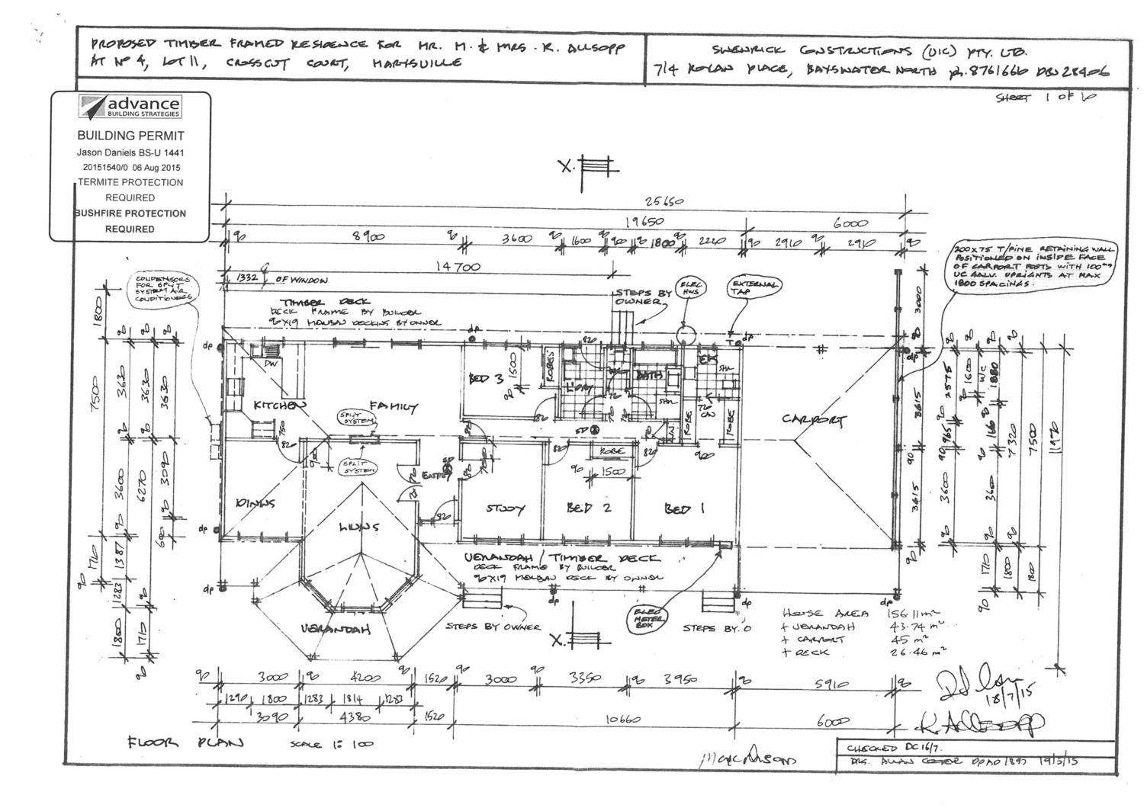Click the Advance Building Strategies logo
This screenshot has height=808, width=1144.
pos(130,107)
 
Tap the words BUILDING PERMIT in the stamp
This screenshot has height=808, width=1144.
pos(130,136)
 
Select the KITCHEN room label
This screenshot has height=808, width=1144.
pos(279,406)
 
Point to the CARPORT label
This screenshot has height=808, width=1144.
pos(813,420)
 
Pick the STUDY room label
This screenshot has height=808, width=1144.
pos(504,508)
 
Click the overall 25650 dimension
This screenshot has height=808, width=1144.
pos(664,202)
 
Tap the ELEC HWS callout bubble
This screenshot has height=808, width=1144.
pos(692,289)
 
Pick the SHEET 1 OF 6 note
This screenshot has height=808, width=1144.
pos(1045,98)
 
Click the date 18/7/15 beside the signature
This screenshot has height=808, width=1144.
pos(995,688)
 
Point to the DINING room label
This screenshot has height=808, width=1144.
pos(256,502)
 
